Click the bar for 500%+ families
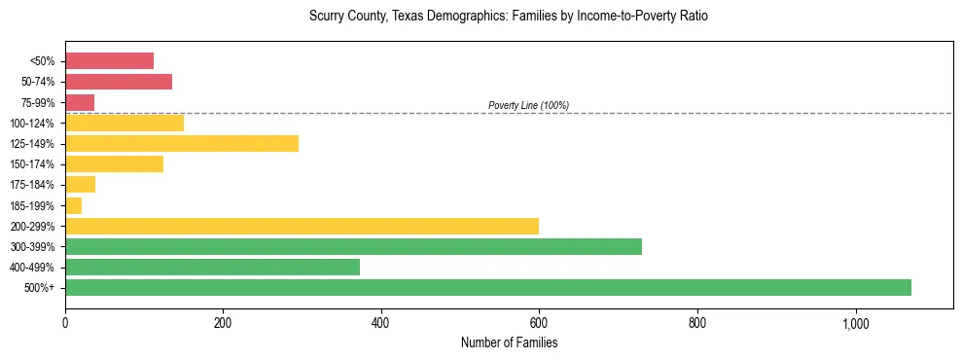487,287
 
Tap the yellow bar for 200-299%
302,226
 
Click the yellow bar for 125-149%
182,143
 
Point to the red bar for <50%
109,61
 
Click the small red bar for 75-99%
80,102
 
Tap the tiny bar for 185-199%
73,205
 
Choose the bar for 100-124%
125,123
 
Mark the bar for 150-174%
114,163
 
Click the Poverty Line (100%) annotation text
528,105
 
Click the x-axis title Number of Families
509,342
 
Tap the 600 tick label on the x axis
539,323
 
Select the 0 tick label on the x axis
65,323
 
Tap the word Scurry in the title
327,17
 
